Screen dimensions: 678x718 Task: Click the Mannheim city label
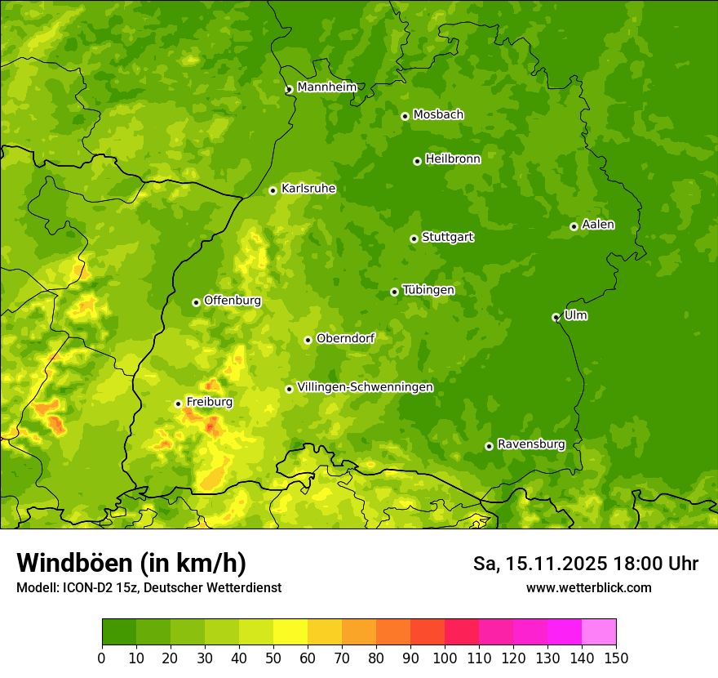(x=326, y=87)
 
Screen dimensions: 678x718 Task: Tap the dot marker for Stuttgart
(x=414, y=239)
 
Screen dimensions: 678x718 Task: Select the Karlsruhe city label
(x=308, y=189)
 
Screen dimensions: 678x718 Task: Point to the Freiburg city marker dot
(x=178, y=404)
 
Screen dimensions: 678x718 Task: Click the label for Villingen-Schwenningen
(x=365, y=387)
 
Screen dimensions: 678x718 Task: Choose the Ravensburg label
(x=531, y=444)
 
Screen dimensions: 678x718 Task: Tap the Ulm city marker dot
(x=556, y=317)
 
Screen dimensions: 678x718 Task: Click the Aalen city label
(x=598, y=225)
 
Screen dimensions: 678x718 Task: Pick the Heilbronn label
(x=453, y=159)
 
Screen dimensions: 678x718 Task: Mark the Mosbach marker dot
(x=405, y=116)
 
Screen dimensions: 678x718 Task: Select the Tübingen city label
(x=428, y=290)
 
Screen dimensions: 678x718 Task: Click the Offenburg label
(x=233, y=301)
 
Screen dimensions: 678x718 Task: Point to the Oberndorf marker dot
(x=308, y=340)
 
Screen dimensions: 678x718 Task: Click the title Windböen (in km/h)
(x=131, y=563)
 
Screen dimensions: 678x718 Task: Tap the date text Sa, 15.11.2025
(x=538, y=564)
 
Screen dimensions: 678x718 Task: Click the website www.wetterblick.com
(x=588, y=587)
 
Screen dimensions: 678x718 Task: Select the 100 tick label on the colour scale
(x=445, y=658)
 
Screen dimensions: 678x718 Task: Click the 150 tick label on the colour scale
(x=616, y=658)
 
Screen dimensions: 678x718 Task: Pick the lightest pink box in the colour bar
(x=599, y=631)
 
